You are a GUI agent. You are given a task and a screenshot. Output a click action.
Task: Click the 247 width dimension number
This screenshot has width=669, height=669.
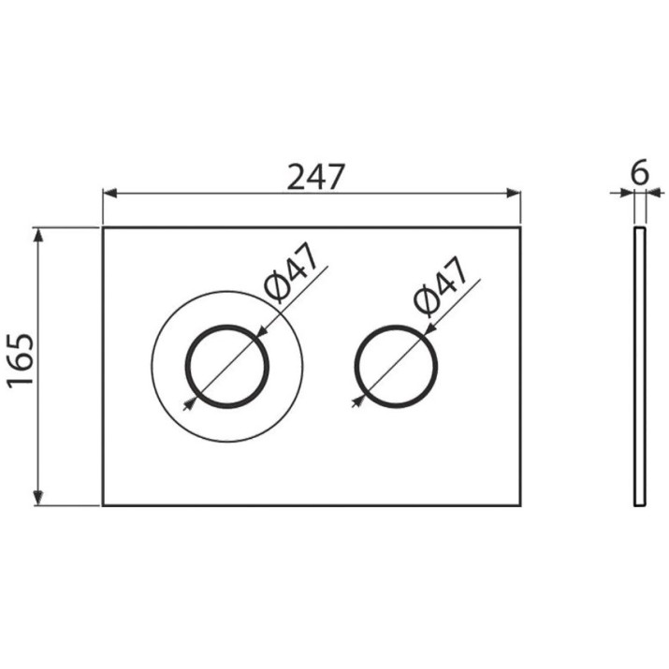click(x=315, y=177)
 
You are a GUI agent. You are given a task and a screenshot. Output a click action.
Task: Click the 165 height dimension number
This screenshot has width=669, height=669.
click(x=21, y=361)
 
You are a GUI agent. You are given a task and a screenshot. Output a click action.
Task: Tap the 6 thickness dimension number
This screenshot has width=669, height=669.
click(x=640, y=172)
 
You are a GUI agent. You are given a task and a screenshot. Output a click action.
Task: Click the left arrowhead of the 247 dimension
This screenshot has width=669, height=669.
click(x=110, y=194)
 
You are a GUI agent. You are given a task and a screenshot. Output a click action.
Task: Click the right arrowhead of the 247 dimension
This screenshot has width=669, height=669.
click(x=514, y=194)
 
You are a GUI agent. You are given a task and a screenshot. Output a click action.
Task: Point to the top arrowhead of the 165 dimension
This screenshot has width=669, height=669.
click(x=38, y=236)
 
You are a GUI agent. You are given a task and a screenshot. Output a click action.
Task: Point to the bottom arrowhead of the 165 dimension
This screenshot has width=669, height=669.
click(x=38, y=498)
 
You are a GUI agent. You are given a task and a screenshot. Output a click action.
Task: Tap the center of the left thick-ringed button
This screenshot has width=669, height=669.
click(x=227, y=366)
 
